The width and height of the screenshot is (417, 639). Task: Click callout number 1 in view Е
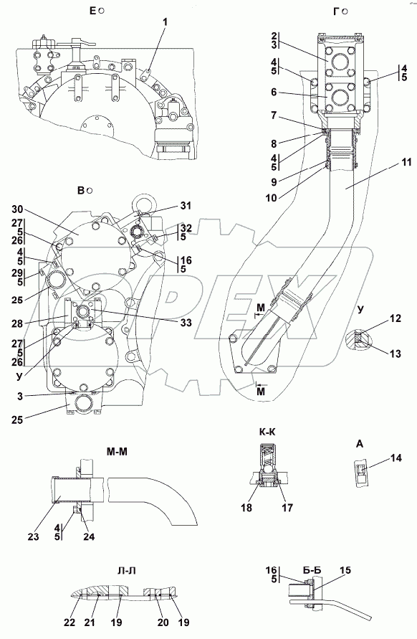tap(165, 23)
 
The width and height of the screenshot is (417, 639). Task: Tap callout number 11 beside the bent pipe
tap(406, 162)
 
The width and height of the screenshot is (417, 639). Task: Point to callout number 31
tap(186, 206)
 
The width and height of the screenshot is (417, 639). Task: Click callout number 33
tap(186, 323)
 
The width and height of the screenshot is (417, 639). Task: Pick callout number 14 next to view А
tap(396, 458)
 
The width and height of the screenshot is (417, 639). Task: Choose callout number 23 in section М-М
tap(34, 536)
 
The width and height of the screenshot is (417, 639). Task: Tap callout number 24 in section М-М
tap(89, 536)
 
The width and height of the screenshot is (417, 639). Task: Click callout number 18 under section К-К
tap(246, 507)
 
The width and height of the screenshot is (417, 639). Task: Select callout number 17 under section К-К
tap(287, 507)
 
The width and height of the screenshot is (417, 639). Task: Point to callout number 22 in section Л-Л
tap(69, 623)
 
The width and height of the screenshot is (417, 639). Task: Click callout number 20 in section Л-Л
tap(163, 623)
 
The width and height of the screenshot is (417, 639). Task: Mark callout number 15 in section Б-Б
tap(345, 570)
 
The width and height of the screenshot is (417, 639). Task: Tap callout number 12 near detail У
tap(396, 318)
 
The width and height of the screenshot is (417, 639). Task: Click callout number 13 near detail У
tap(396, 354)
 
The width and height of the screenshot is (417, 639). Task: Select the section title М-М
tap(117, 452)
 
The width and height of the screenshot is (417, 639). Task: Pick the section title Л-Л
tap(126, 571)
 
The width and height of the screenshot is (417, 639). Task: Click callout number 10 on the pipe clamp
tap(271, 198)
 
